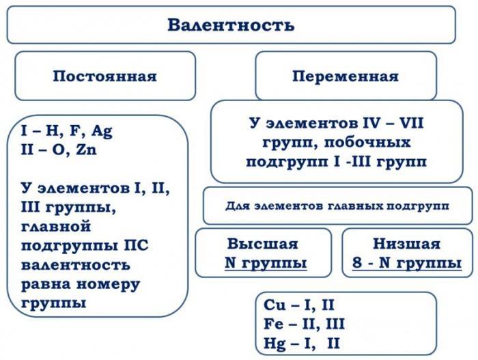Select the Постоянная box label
104,76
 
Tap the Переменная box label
345,76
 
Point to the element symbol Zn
86,150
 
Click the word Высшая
263,244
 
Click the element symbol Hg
273,342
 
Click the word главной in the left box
56,225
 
